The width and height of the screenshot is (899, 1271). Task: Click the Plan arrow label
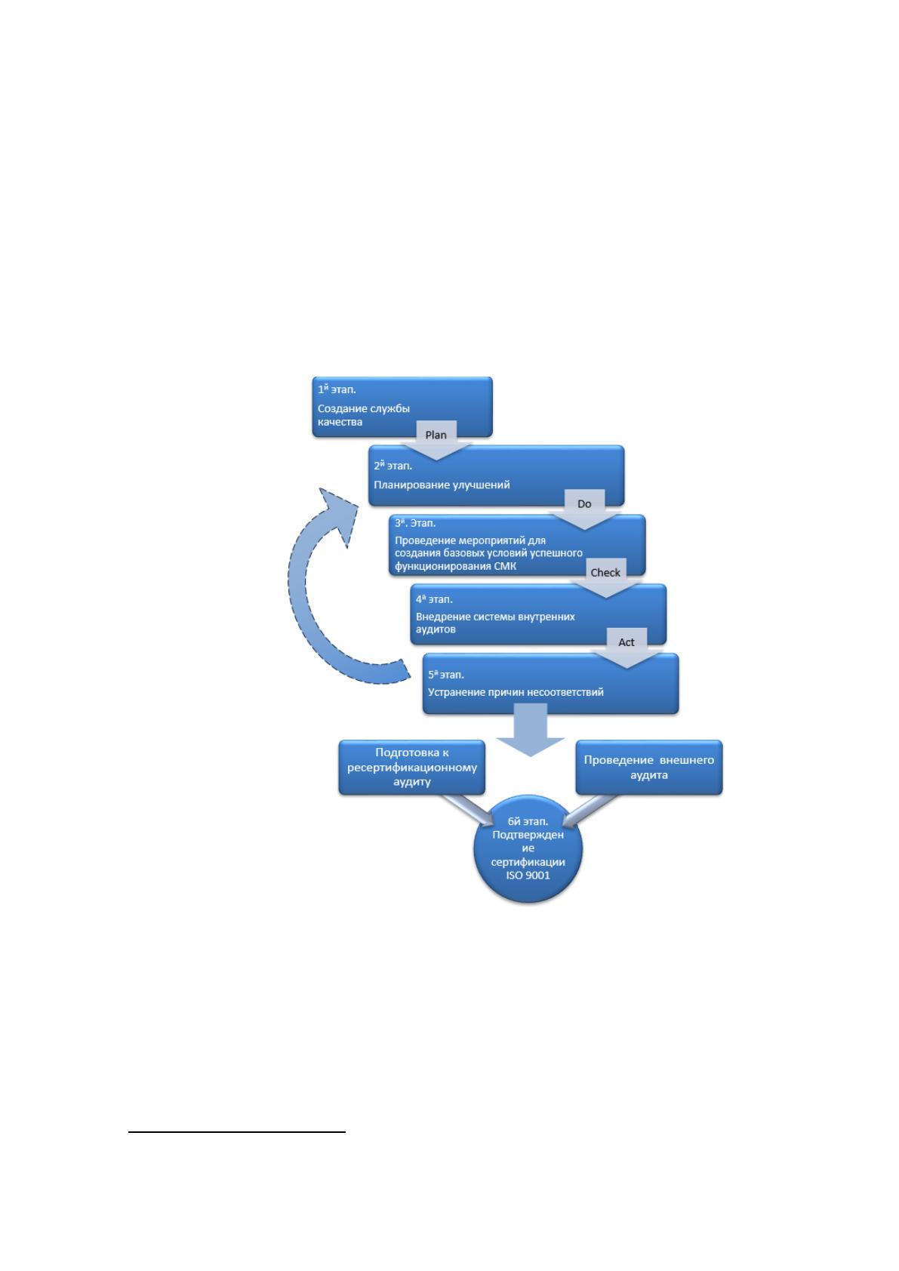tap(436, 435)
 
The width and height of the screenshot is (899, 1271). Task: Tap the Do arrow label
tap(584, 504)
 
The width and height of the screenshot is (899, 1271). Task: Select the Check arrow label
tap(605, 573)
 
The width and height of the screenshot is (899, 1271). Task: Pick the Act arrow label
tap(626, 642)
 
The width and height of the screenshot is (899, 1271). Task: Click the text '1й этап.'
tap(337, 389)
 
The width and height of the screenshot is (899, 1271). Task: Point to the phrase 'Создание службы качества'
tap(363, 415)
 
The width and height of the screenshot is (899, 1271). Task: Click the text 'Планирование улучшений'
tap(442, 485)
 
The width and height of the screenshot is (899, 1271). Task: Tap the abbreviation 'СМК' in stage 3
tap(505, 566)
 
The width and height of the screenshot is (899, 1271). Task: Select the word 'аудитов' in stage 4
tap(436, 629)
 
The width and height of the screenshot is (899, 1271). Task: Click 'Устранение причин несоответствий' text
tap(516, 692)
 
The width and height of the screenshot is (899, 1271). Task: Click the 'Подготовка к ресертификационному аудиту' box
tap(411, 767)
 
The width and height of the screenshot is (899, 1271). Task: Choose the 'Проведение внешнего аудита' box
tap(648, 767)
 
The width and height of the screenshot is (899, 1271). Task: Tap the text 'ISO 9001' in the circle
tap(528, 876)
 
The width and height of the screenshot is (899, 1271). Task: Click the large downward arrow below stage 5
tap(530, 731)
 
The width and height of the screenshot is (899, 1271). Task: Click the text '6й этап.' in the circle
tap(528, 821)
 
